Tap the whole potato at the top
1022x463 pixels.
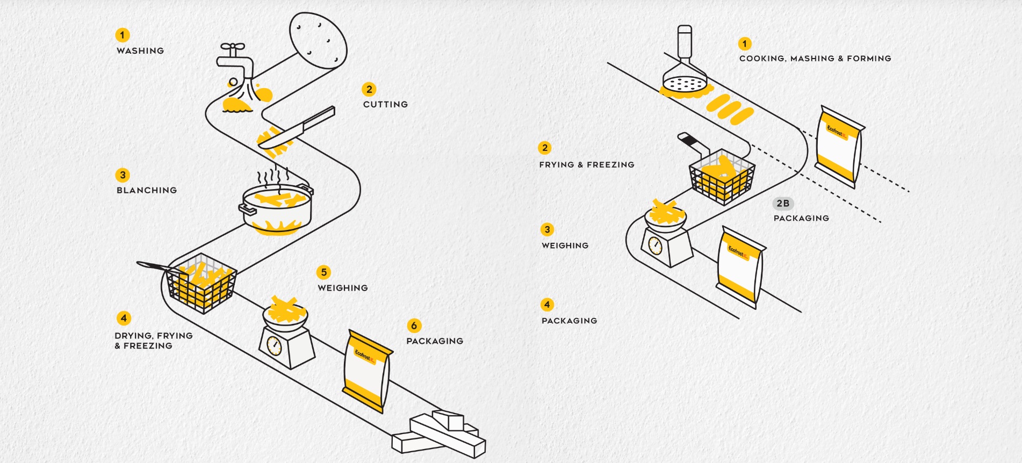coord(318,40)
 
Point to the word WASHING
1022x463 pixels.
coord(140,51)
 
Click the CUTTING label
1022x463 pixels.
coord(385,105)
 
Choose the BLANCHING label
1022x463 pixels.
coord(147,191)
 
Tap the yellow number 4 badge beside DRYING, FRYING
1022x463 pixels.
coord(124,318)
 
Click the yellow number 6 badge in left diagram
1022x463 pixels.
coord(414,325)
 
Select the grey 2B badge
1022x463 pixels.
coord(783,204)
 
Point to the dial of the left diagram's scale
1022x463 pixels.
coord(274,346)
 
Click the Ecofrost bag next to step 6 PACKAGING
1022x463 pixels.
coord(367,371)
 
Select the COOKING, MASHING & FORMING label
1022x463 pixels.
coord(815,59)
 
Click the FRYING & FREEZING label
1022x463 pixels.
coord(587,165)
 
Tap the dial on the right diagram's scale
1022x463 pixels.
coord(655,245)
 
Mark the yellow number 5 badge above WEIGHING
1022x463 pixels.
coord(323,272)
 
